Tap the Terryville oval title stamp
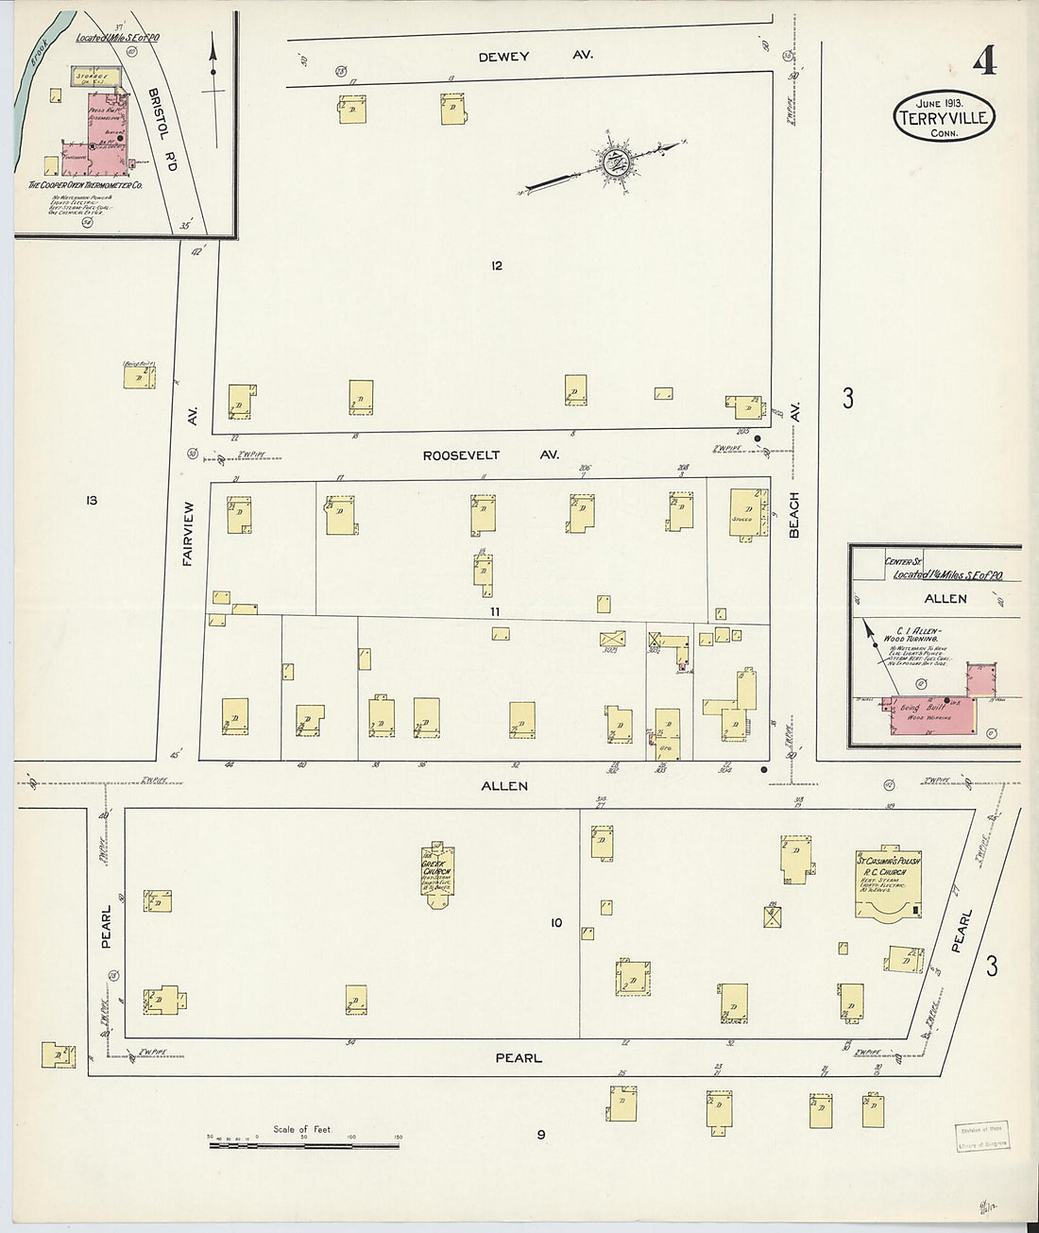pos(944,117)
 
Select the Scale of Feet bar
pos(303,1145)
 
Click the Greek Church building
pos(436,875)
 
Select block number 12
pos(497,265)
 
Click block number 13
pos(92,500)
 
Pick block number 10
pos(555,922)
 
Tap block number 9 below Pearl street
pos(541,1135)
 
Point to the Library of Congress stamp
pos(982,1137)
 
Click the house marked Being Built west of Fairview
pos(139,376)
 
